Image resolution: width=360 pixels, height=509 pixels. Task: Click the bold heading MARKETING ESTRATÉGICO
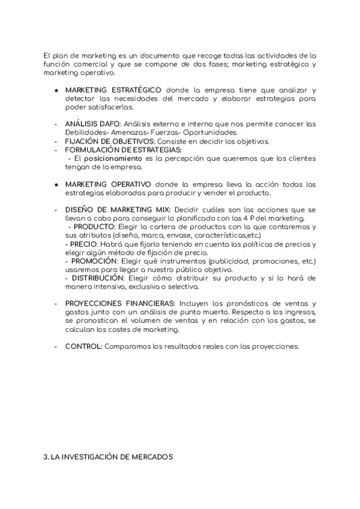point(113,89)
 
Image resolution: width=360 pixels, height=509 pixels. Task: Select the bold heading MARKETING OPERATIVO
point(108,184)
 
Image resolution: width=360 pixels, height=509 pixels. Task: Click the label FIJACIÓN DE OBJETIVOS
point(105,142)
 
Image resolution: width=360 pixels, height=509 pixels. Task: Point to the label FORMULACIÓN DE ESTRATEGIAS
point(123,150)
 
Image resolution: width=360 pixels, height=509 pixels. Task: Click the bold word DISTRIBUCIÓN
point(98,279)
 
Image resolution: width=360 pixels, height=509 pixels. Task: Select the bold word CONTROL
point(83,347)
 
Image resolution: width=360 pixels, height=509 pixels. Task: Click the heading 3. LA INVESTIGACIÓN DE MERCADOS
point(108,457)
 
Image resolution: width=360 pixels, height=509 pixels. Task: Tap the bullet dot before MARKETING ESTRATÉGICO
point(56,90)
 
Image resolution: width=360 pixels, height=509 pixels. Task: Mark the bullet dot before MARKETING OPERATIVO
point(56,184)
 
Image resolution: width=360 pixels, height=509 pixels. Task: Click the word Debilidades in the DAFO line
point(86,133)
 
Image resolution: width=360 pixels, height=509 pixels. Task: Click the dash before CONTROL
point(56,347)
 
